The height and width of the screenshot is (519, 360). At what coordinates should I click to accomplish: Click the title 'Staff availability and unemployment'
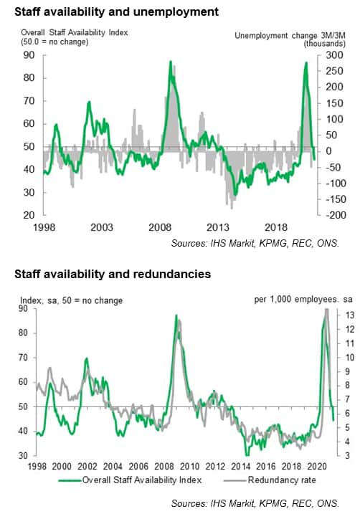[116, 12]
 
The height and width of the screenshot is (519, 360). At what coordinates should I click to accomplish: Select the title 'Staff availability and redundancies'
[113, 274]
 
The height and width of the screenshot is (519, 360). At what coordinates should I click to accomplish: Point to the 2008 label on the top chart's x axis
[160, 227]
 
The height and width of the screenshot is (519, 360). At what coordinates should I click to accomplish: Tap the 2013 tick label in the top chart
[218, 227]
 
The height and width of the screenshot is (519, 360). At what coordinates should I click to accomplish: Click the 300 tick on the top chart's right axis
[334, 55]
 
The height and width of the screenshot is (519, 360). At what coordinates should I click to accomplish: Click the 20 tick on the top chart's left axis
[29, 215]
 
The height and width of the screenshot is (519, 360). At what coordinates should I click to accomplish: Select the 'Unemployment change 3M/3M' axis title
[290, 36]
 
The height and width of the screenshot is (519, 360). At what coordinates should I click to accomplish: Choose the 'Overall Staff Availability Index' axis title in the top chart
[75, 32]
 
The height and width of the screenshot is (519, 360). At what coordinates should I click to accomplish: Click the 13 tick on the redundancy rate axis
[350, 315]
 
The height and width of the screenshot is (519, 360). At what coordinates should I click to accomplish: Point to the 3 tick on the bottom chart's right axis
[347, 456]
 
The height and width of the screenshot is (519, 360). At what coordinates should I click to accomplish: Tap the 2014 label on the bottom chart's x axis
[240, 467]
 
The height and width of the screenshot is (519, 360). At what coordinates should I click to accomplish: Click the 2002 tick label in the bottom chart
[87, 467]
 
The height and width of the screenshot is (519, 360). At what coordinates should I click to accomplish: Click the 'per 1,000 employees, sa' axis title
[303, 299]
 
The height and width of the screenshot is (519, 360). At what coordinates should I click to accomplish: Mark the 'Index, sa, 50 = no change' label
[72, 300]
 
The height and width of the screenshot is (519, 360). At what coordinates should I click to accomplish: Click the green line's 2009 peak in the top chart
[171, 61]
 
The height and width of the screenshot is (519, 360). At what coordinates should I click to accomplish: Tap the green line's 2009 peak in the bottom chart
[176, 315]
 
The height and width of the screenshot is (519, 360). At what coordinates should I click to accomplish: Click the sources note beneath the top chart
[255, 243]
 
